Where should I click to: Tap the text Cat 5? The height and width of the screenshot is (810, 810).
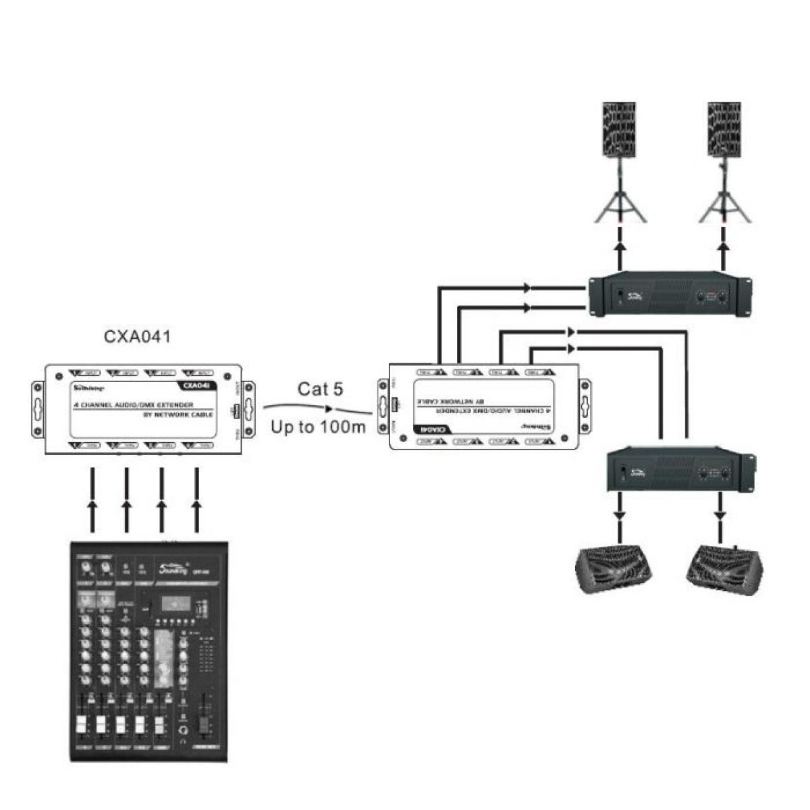click(320, 389)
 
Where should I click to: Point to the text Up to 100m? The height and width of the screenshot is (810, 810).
click(318, 427)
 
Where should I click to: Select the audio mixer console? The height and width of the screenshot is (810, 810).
click(151, 651)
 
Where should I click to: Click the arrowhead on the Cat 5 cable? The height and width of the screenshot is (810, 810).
click(329, 408)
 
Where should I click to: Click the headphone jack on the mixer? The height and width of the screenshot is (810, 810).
click(183, 732)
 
